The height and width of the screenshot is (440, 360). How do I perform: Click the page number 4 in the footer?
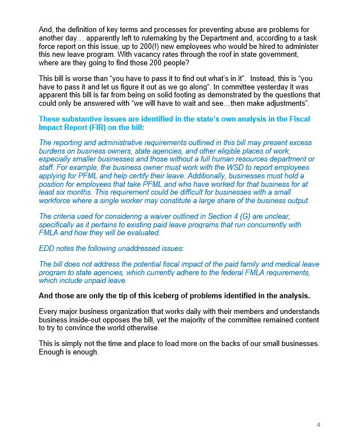coord(318,424)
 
